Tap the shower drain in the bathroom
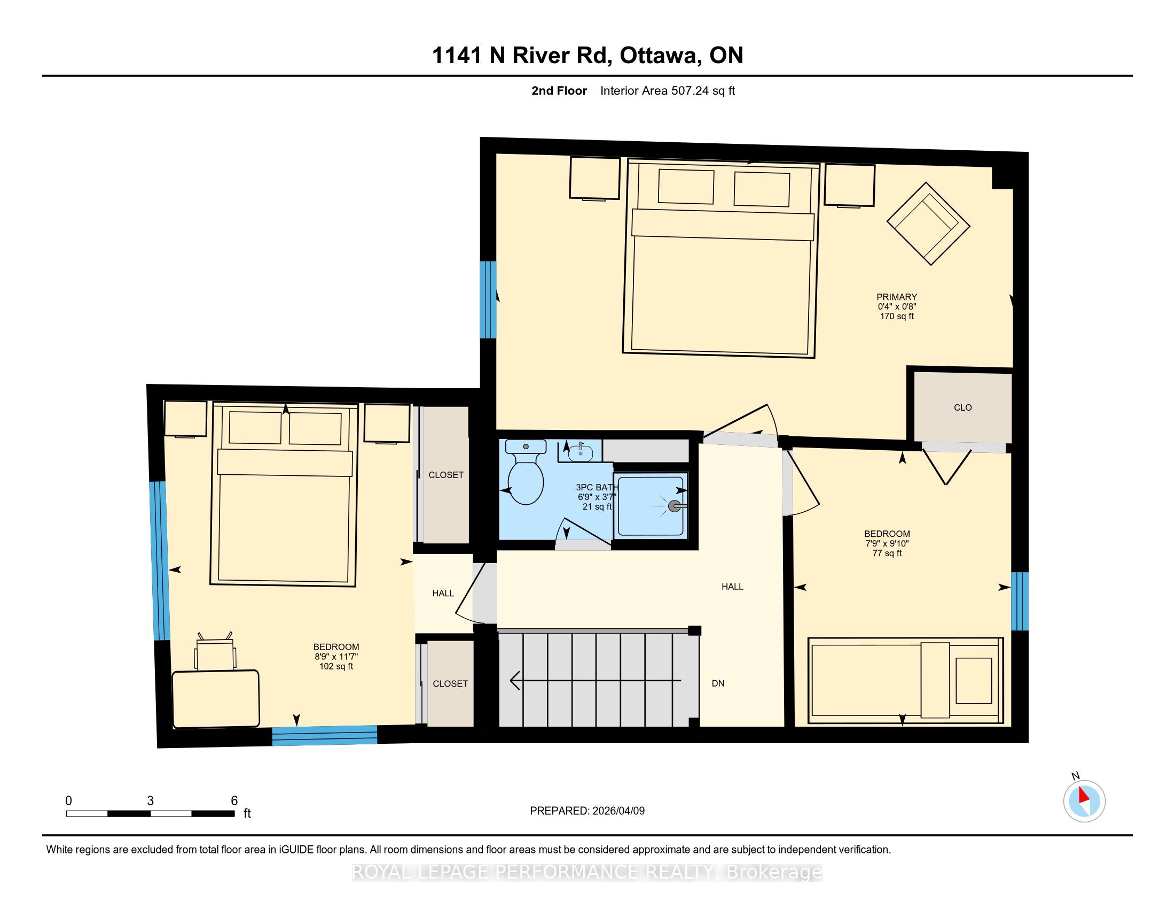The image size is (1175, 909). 673,506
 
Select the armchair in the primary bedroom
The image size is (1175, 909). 928,224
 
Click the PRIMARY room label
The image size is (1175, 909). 896,297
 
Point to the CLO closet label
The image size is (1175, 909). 962,407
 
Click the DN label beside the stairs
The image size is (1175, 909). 718,683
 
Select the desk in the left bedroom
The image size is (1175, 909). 216,698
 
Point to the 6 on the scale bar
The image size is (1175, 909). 234,801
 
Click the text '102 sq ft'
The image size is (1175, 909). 336,666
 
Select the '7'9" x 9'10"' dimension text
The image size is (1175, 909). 887,543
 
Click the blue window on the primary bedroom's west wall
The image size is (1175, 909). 488,300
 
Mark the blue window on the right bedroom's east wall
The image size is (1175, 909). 1020,601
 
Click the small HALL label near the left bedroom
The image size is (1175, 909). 443,593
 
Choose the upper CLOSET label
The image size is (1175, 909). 446,475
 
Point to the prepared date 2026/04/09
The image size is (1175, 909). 617,811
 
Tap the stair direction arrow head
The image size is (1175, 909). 515,681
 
